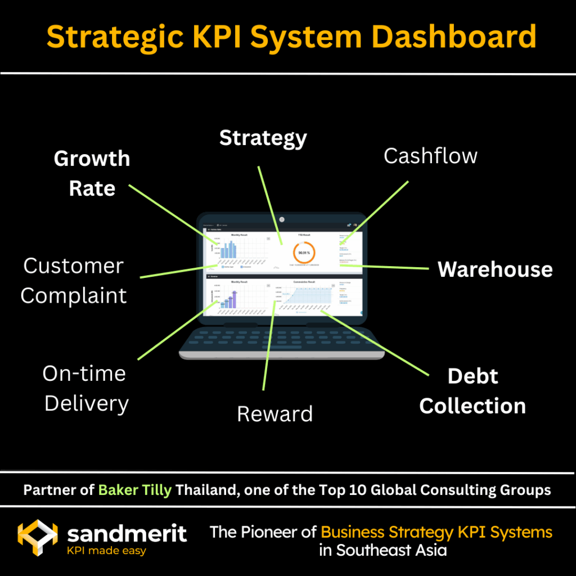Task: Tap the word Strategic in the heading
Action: pyautogui.click(x=115, y=37)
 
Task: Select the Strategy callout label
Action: pyautogui.click(x=263, y=138)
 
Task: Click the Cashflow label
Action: pyautogui.click(x=430, y=156)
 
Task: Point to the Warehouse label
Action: pyautogui.click(x=495, y=269)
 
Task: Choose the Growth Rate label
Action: pyautogui.click(x=92, y=173)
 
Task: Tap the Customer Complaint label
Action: pyautogui.click(x=73, y=281)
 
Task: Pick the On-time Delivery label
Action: pyautogui.click(x=85, y=388)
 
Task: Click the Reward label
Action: pyautogui.click(x=274, y=414)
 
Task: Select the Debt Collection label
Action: pyautogui.click(x=472, y=391)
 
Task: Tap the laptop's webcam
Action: pyautogui.click(x=282, y=218)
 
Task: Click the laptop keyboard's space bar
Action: pyautogui.click(x=281, y=349)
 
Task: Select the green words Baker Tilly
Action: pyautogui.click(x=135, y=490)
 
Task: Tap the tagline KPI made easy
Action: pyautogui.click(x=106, y=551)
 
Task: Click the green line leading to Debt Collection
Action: pyautogui.click(x=377, y=344)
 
